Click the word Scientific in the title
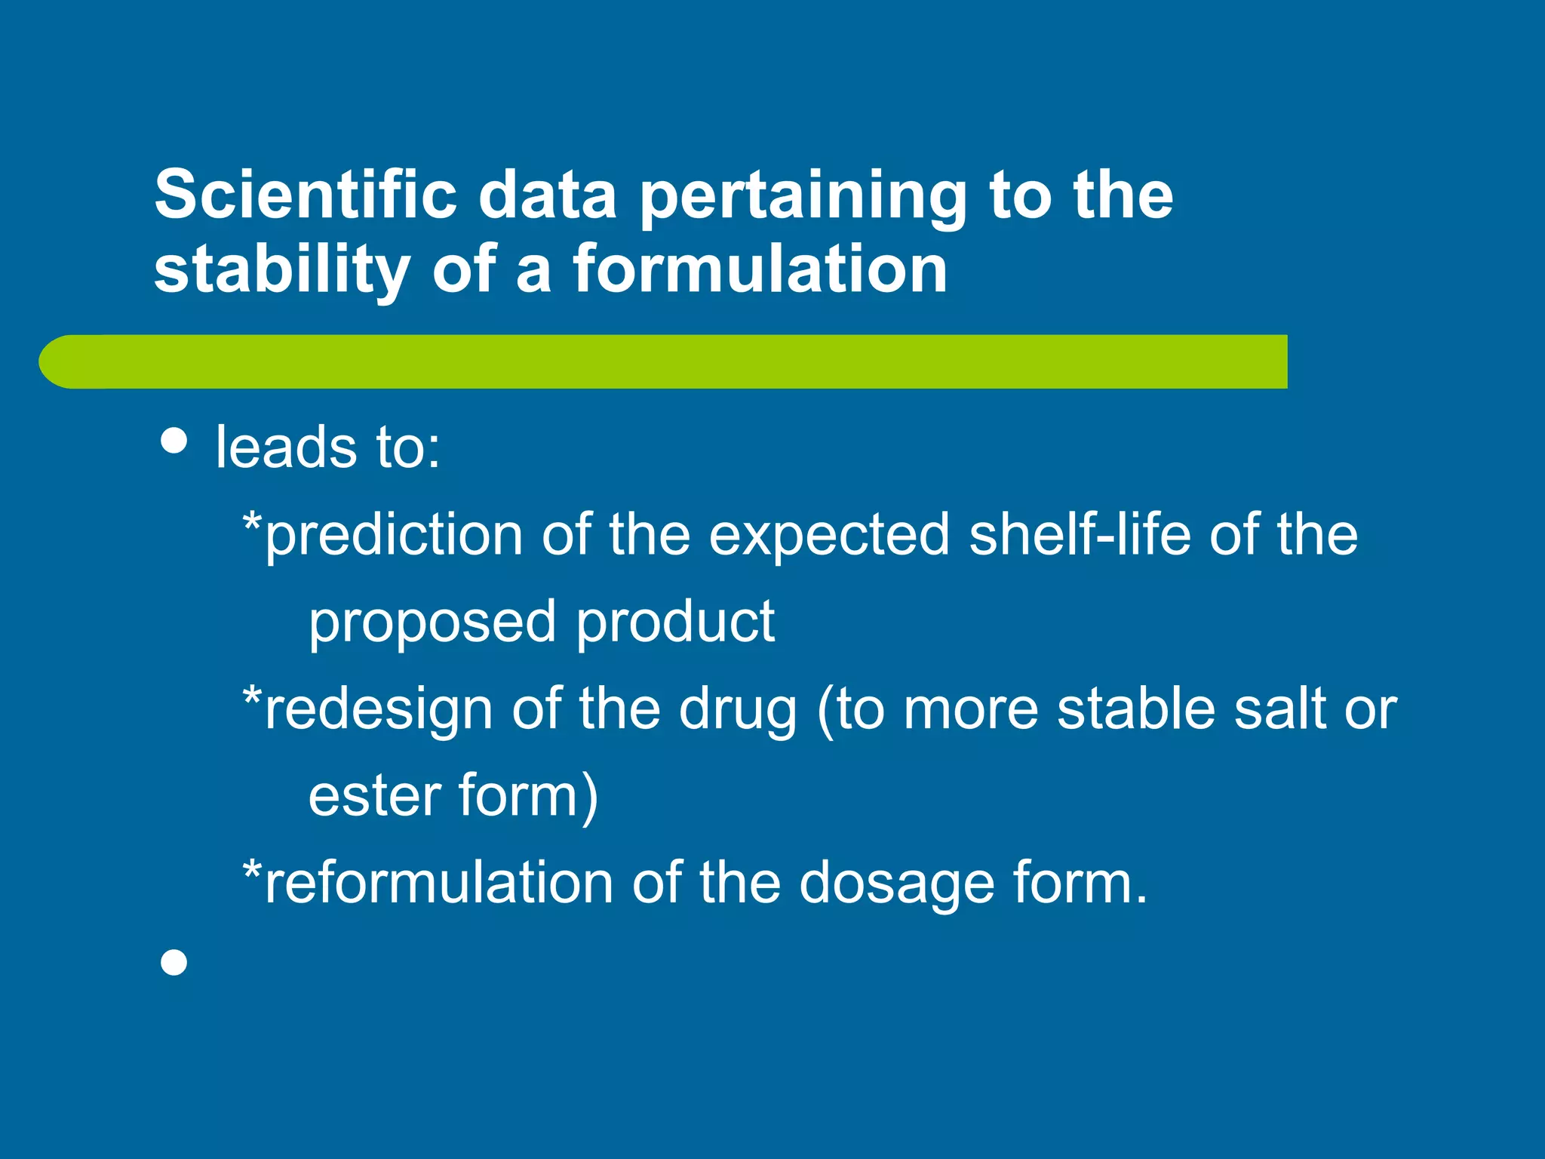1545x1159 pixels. [306, 195]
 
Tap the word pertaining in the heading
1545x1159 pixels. [803, 198]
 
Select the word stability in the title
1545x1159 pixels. [282, 272]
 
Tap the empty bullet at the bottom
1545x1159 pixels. [174, 963]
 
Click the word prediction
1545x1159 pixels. [394, 536]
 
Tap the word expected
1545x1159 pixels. [828, 536]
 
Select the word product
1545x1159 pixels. [675, 622]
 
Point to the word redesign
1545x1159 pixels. [379, 711]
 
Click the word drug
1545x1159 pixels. [737, 711]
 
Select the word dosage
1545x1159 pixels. [896, 884]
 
